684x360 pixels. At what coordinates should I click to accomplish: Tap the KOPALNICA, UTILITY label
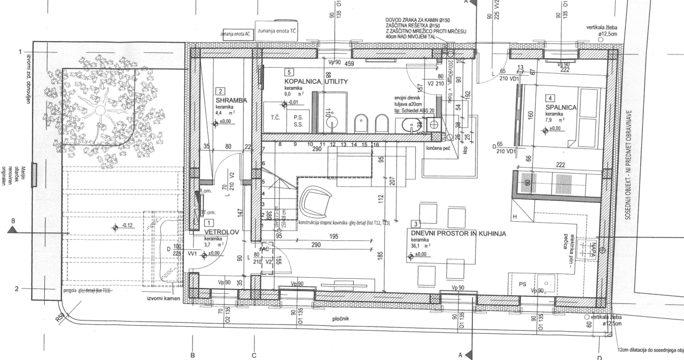[x=316, y=82]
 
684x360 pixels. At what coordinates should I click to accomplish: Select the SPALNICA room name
[x=561, y=107]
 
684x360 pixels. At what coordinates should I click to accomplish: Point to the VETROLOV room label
[x=221, y=232]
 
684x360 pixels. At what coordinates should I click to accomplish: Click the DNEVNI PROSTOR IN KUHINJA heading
[x=457, y=233]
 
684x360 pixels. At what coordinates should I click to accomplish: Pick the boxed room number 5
[x=289, y=72]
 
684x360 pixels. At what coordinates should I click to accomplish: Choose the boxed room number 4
[x=550, y=98]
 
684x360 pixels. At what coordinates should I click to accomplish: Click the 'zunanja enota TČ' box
[x=277, y=31]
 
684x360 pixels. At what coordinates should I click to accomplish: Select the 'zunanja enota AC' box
[x=235, y=34]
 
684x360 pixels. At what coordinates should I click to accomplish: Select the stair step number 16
[x=375, y=145]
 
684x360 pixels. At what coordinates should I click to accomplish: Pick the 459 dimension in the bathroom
[x=349, y=64]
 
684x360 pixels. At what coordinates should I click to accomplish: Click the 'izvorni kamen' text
[x=164, y=298]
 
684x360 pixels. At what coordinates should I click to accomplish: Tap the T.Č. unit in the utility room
[x=276, y=117]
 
